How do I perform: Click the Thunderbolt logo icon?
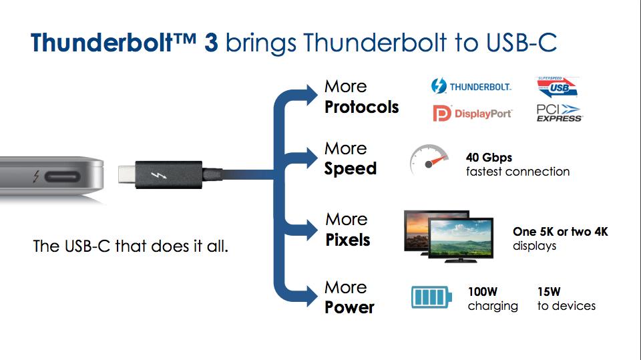(x=439, y=86)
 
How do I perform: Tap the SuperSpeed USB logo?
(x=557, y=87)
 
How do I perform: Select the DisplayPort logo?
(x=472, y=114)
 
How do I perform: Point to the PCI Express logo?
(x=560, y=113)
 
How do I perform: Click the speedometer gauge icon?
(x=429, y=160)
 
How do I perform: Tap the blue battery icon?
(x=432, y=297)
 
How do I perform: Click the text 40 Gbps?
(x=489, y=158)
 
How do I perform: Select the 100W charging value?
(x=483, y=292)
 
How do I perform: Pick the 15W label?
(x=549, y=292)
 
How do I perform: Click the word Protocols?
(x=361, y=107)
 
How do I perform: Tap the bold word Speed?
(x=351, y=169)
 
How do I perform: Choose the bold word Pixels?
(x=348, y=240)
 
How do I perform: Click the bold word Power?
(x=349, y=307)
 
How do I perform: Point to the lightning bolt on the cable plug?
(x=159, y=175)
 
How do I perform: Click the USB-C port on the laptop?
(x=61, y=177)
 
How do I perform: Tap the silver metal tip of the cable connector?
(x=127, y=174)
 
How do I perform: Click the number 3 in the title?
(x=211, y=43)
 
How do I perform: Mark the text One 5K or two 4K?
(x=560, y=232)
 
